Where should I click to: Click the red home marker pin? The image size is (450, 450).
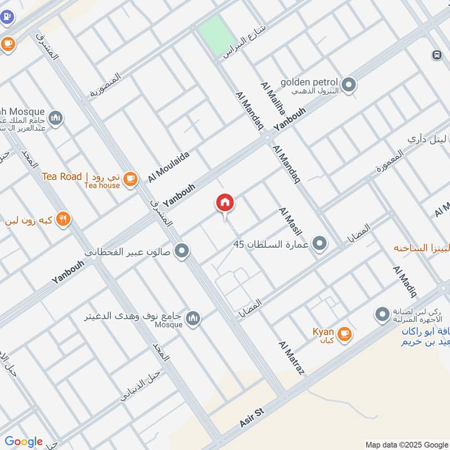(x=225, y=202)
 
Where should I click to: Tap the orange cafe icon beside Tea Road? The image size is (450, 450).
(x=130, y=179)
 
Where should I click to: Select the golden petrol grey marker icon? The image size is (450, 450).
(x=349, y=85)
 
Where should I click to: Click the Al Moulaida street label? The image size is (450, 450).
(x=169, y=166)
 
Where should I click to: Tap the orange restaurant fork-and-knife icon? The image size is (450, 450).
(x=63, y=219)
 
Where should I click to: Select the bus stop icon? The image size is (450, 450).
(x=436, y=55)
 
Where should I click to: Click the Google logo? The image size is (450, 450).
(x=23, y=442)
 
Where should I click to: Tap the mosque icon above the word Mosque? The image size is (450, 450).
(x=193, y=318)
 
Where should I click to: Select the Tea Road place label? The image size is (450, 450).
(x=62, y=177)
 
